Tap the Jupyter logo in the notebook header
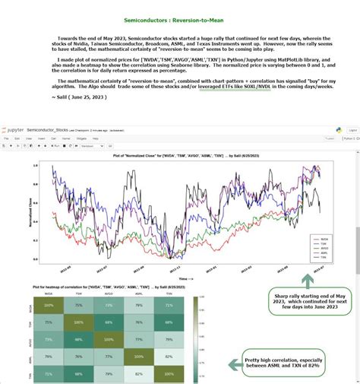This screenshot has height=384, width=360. pyautogui.click(x=14, y=130)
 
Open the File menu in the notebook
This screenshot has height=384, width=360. pyautogui.click(x=6, y=138)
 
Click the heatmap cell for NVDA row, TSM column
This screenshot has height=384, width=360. pyautogui.click(x=78, y=304)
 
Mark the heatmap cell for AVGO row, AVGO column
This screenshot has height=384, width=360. pyautogui.click(x=109, y=338)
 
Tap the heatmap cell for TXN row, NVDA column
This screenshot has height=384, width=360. pyautogui.click(x=49, y=373)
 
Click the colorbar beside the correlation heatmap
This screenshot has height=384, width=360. pyautogui.click(x=197, y=338)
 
